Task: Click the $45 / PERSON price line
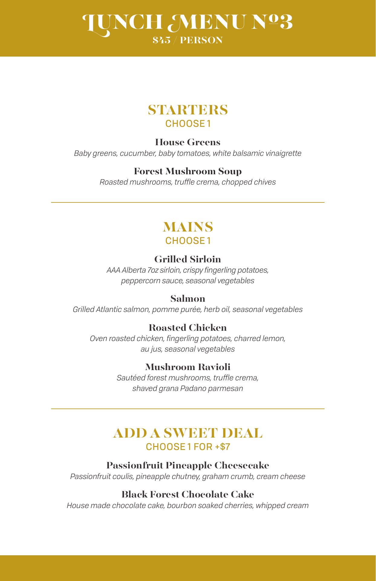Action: [x=188, y=40]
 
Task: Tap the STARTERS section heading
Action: [x=188, y=110]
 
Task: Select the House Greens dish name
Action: [x=188, y=142]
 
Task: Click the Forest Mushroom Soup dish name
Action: [x=188, y=171]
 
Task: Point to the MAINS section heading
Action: [x=188, y=227]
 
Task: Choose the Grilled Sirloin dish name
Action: [x=188, y=259]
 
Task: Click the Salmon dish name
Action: [x=188, y=299]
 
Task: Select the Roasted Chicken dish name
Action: [x=188, y=328]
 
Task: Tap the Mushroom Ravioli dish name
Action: [x=188, y=367]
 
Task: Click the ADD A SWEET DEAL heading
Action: [x=188, y=433]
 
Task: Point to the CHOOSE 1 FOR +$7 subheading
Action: [x=188, y=447]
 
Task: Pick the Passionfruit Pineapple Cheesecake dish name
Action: [x=188, y=465]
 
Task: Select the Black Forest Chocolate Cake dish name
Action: [x=188, y=494]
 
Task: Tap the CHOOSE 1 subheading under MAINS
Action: [x=188, y=241]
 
